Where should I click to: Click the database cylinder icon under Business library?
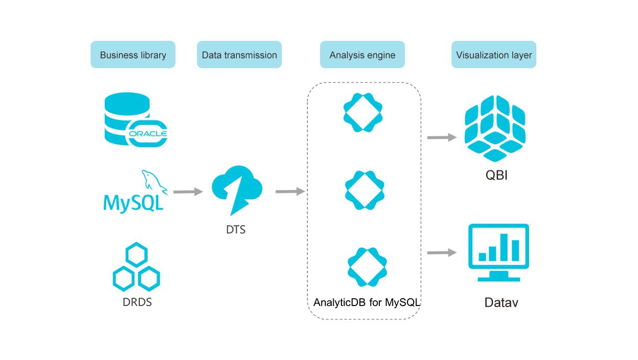135,118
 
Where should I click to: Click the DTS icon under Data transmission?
238,189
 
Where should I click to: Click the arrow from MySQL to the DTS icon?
188,193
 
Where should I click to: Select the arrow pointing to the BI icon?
438,137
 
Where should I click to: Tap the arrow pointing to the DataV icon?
438,255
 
